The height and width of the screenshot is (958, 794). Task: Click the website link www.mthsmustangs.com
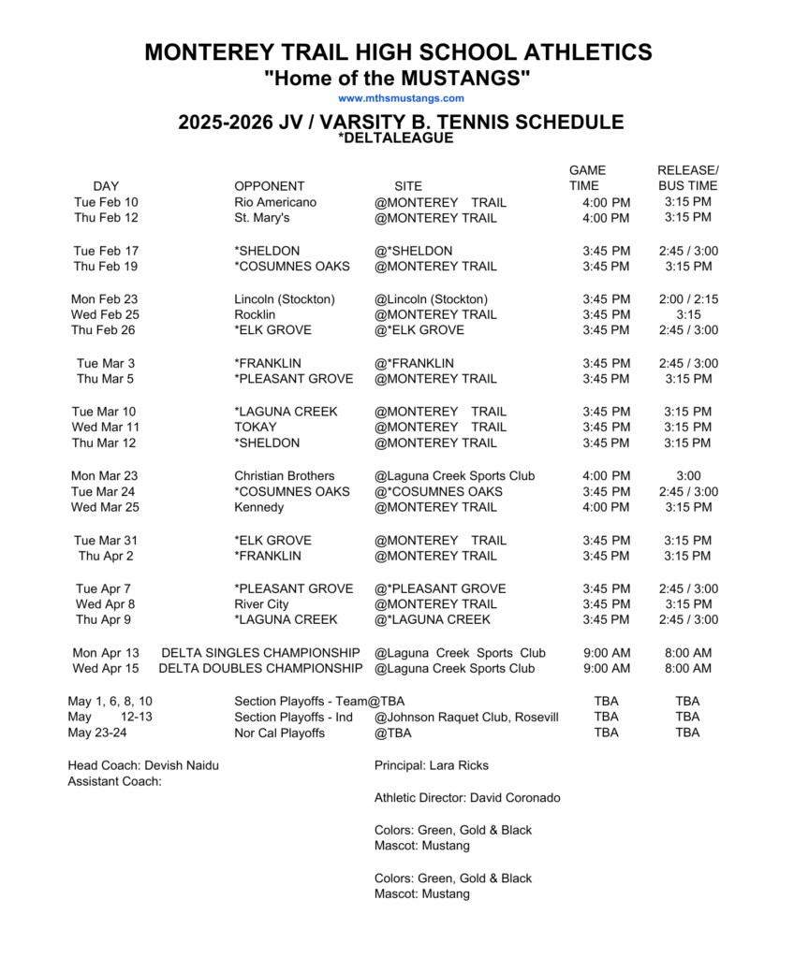tap(401, 98)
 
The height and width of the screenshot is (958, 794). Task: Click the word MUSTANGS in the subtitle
tap(459, 78)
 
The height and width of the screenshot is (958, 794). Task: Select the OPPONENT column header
tap(269, 186)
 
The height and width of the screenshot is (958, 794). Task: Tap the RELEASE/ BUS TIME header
tap(687, 178)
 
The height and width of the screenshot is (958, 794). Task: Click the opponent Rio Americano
tap(275, 202)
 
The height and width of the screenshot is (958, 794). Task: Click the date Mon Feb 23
tap(105, 299)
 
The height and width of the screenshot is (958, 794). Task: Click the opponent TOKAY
tap(256, 428)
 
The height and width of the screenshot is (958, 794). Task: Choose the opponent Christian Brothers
tap(284, 476)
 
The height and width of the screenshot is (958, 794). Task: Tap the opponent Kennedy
tap(258, 508)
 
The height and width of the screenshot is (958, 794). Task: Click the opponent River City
tap(262, 604)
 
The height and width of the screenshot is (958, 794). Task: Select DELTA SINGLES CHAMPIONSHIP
tap(260, 653)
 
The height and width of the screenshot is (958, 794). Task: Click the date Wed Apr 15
tap(106, 669)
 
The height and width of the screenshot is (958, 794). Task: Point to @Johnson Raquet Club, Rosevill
tap(466, 718)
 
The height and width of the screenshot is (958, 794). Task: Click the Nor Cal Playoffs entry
tap(279, 733)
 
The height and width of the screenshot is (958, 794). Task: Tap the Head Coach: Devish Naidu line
tap(143, 766)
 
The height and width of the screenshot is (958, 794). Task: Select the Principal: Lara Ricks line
tap(431, 766)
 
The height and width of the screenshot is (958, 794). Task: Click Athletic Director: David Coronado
tap(467, 798)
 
